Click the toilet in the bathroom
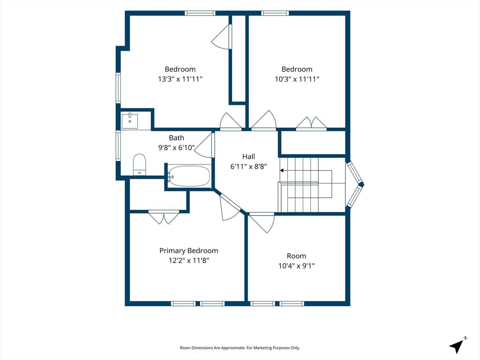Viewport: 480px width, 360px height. [x=140, y=165]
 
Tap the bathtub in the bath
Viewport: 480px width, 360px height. [x=189, y=176]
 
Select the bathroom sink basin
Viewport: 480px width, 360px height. [x=130, y=121]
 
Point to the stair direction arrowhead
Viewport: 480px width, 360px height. [x=282, y=171]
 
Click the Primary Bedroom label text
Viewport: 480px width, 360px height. [x=188, y=251]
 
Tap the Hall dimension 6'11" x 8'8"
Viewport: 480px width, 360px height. [x=248, y=166]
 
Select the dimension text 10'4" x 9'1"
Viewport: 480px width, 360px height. [x=296, y=266]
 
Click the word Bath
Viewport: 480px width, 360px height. [x=177, y=138]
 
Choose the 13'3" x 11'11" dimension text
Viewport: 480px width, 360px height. [x=180, y=79]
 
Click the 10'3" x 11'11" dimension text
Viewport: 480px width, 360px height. [x=297, y=79]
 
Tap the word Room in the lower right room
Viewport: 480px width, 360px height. [x=296, y=256]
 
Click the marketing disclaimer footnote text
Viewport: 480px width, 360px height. [x=240, y=348]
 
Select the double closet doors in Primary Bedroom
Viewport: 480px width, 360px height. [x=164, y=217]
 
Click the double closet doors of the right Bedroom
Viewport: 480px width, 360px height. [x=311, y=123]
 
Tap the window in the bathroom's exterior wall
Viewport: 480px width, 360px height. [x=118, y=145]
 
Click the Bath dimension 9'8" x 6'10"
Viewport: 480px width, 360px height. [x=176, y=148]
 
